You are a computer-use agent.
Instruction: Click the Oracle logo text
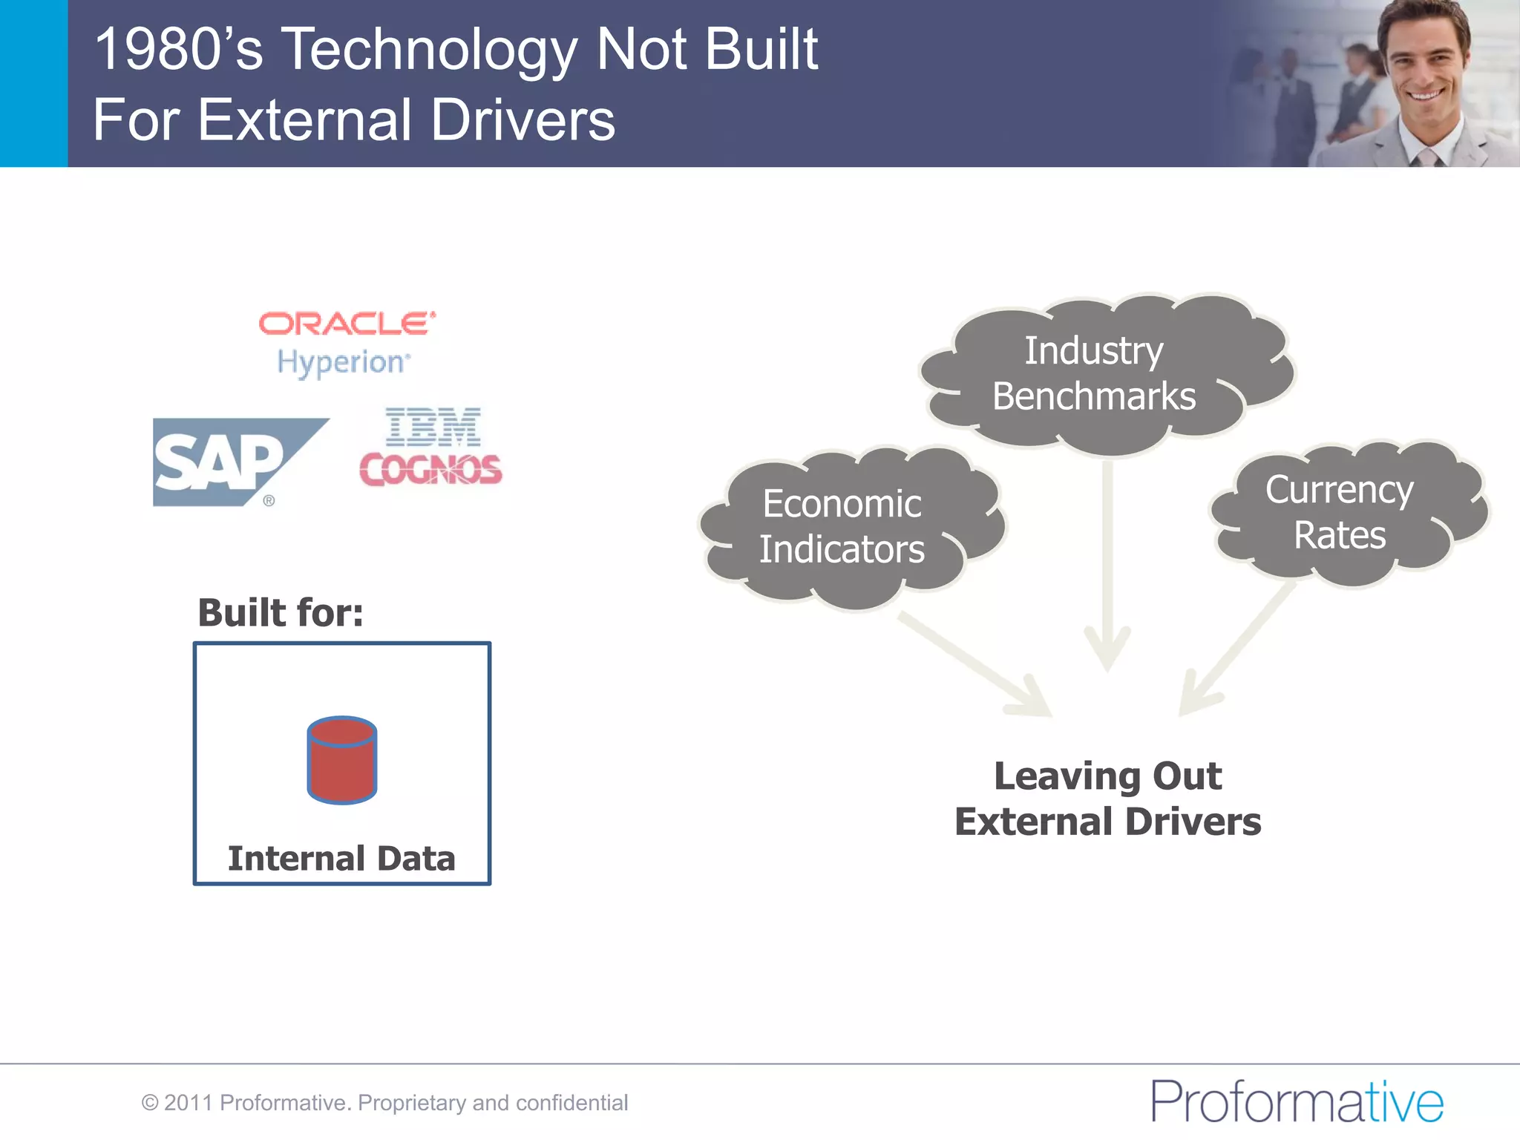tap(346, 324)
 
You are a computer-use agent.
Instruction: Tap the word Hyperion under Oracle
tap(342, 363)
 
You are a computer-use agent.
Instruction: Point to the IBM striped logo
tap(433, 426)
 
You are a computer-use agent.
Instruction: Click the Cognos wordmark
tap(430, 470)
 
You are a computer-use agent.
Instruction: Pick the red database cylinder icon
tap(341, 760)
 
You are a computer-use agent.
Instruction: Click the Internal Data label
tap(341, 859)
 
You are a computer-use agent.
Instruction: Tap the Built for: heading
tap(281, 613)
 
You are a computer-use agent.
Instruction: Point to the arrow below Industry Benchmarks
tap(1107, 564)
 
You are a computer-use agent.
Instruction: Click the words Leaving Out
tap(1107, 776)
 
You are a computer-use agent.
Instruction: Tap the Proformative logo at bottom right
tap(1297, 1101)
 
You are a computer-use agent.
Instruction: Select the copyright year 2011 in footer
tap(188, 1103)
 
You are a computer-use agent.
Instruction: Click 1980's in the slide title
tap(178, 50)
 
